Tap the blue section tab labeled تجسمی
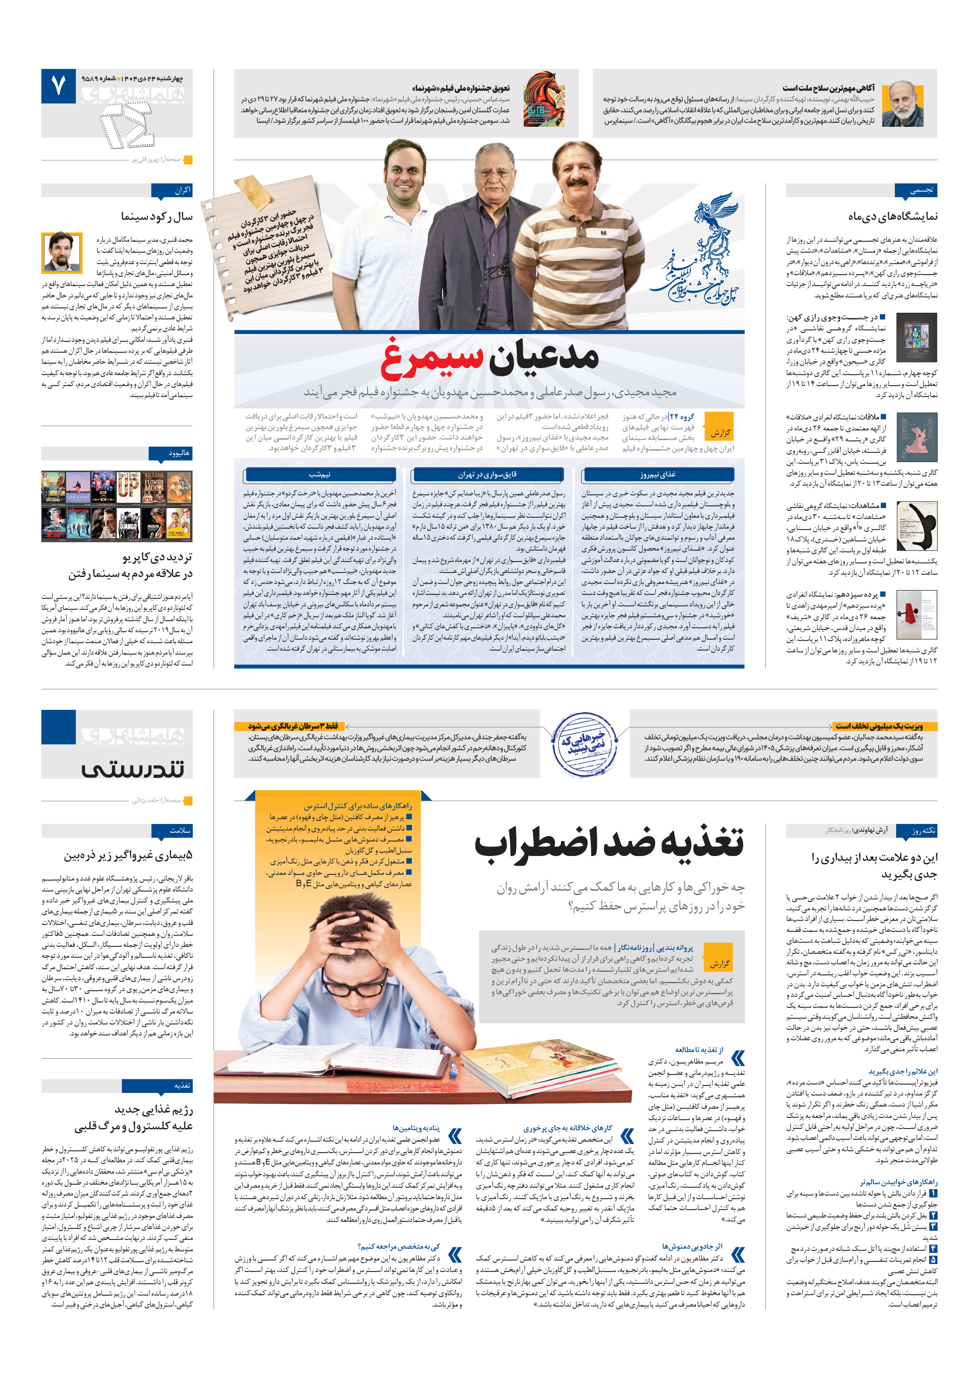pyautogui.click(x=915, y=190)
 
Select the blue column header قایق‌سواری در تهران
pyautogui.click(x=487, y=474)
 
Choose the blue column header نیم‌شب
pyautogui.click(x=319, y=474)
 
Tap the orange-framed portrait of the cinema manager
pyautogui.click(x=61, y=252)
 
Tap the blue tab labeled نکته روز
pyautogui.click(x=915, y=831)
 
